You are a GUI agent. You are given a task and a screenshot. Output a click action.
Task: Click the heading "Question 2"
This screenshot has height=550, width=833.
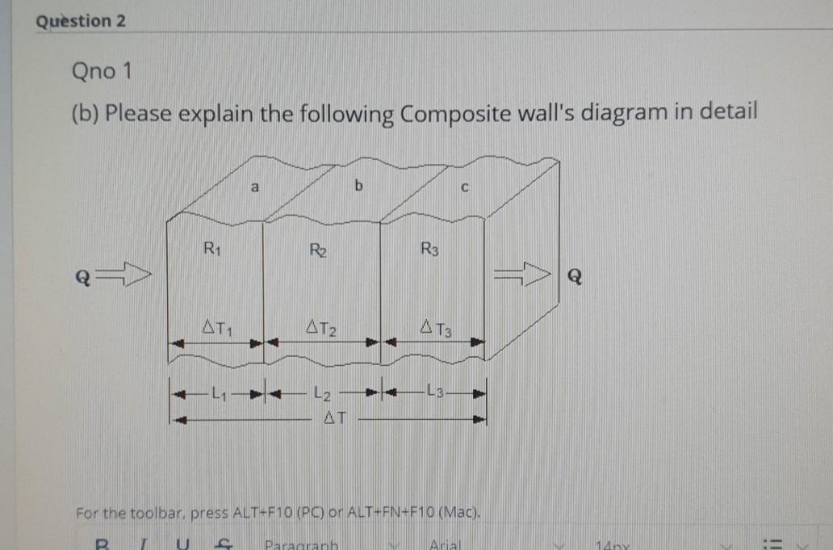(81, 22)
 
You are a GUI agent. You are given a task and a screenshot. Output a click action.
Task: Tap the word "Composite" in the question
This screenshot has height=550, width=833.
(452, 113)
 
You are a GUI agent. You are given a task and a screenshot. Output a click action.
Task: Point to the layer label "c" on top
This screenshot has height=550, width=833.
(463, 191)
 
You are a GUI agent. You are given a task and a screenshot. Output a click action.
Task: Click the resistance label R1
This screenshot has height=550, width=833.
(213, 249)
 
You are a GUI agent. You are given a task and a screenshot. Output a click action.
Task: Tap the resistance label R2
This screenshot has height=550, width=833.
(317, 250)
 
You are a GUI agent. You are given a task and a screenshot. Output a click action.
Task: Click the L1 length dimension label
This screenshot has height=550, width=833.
(216, 394)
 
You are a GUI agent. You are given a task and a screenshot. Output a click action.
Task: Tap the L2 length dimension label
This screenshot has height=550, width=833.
(320, 394)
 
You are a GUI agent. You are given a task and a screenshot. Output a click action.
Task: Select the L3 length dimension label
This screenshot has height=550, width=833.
(435, 393)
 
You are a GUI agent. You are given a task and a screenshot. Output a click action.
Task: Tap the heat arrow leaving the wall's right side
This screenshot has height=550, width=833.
(521, 277)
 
